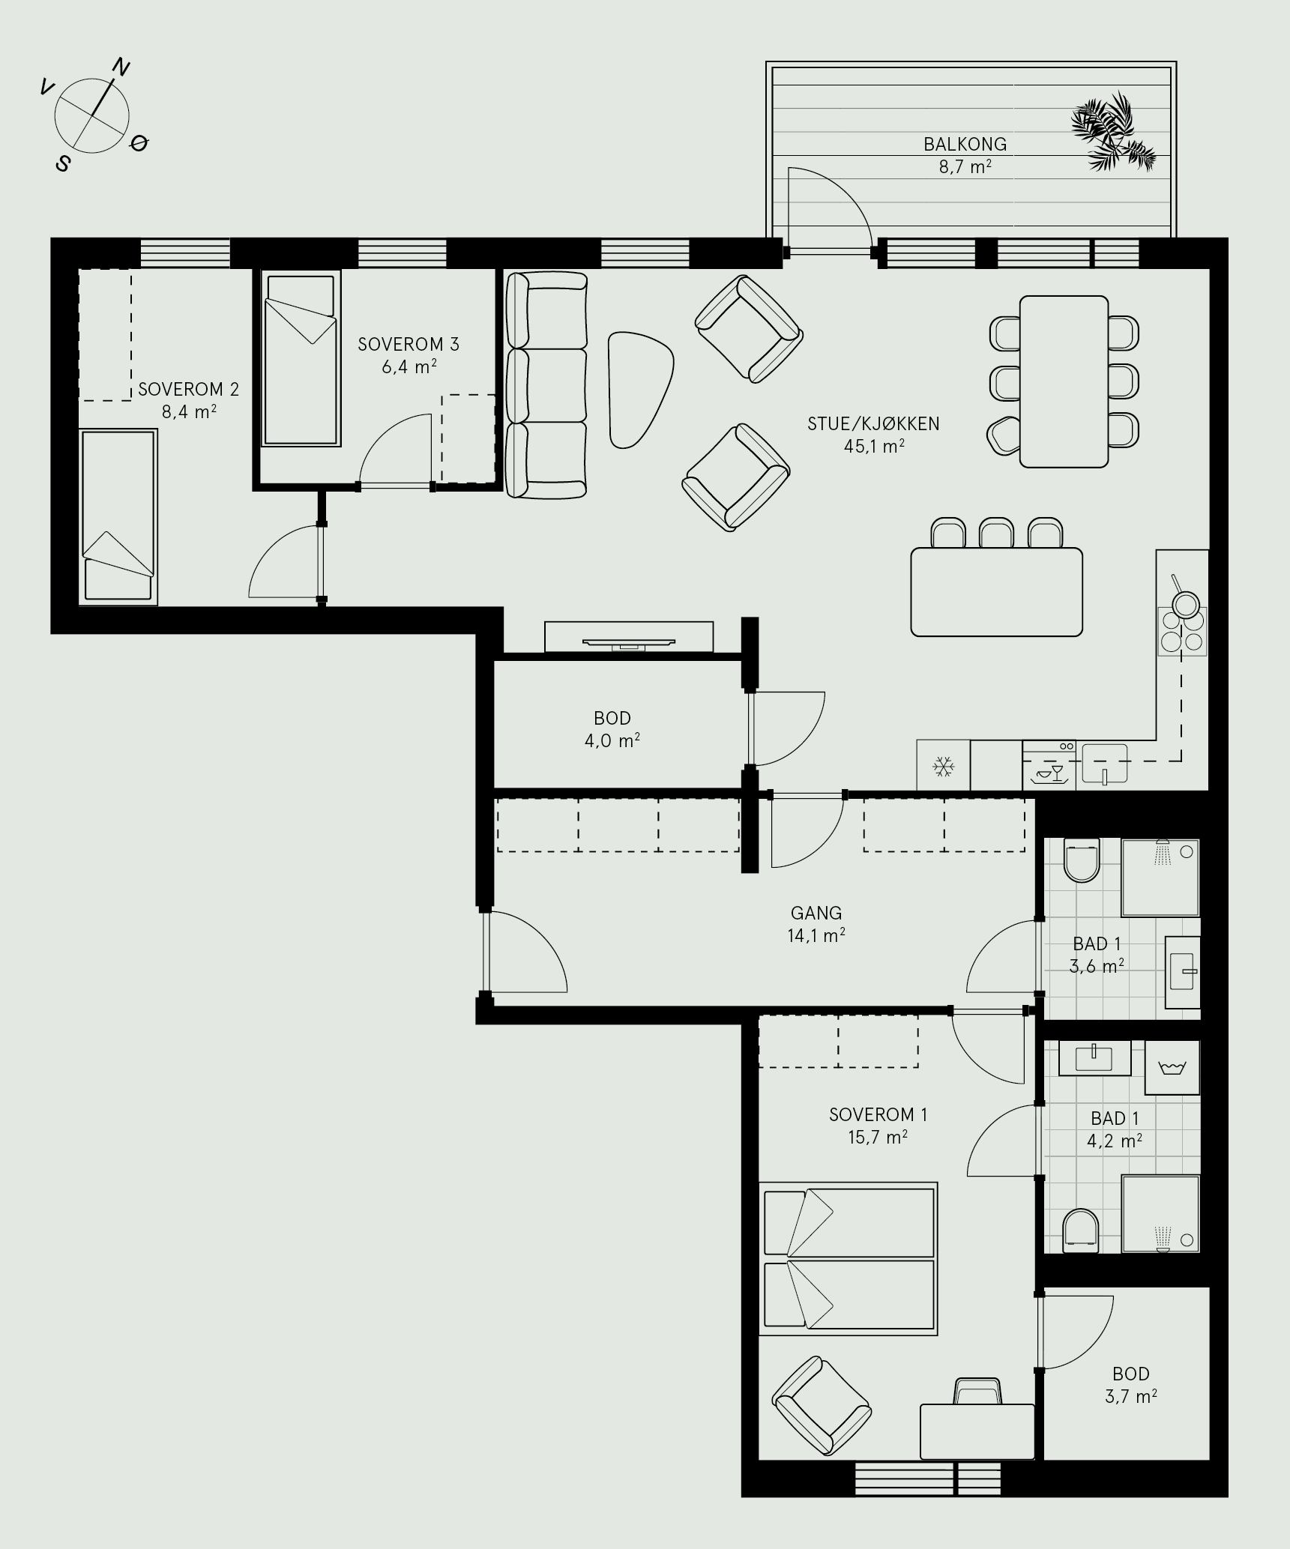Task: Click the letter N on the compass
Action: [x=121, y=67]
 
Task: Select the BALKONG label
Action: [x=965, y=144]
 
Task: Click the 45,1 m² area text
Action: [x=873, y=447]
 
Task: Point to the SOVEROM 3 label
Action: [x=408, y=345]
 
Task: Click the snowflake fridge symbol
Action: [x=943, y=766]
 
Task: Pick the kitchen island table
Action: [x=996, y=592]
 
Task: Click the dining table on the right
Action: [x=1064, y=381]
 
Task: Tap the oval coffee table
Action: [x=640, y=390]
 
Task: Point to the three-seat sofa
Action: [x=546, y=385]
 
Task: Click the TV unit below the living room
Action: [x=629, y=637]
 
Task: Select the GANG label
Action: [x=816, y=913]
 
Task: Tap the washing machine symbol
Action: [x=1172, y=1068]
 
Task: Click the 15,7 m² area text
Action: [x=878, y=1138]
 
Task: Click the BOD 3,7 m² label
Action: [x=1131, y=1385]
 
